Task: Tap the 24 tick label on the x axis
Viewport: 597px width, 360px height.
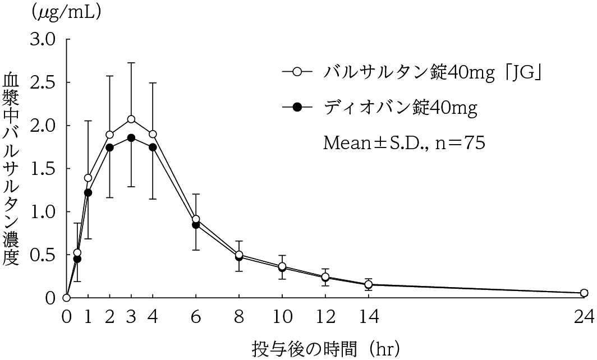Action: click(x=584, y=318)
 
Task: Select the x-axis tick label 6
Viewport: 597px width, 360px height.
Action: click(x=195, y=318)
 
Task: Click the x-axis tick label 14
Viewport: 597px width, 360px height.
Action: click(x=368, y=318)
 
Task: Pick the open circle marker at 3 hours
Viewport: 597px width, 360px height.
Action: click(x=131, y=119)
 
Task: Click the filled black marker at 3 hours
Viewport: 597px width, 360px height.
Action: click(x=131, y=138)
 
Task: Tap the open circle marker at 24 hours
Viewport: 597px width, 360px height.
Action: click(x=584, y=293)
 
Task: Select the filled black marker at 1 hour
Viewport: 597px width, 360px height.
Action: click(x=88, y=193)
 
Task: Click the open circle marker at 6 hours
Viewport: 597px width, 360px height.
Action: click(x=195, y=219)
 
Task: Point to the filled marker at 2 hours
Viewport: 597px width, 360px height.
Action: click(x=109, y=147)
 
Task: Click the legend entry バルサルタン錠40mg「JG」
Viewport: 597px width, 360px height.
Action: click(x=432, y=72)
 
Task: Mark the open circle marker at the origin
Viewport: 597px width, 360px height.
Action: click(x=66, y=298)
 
